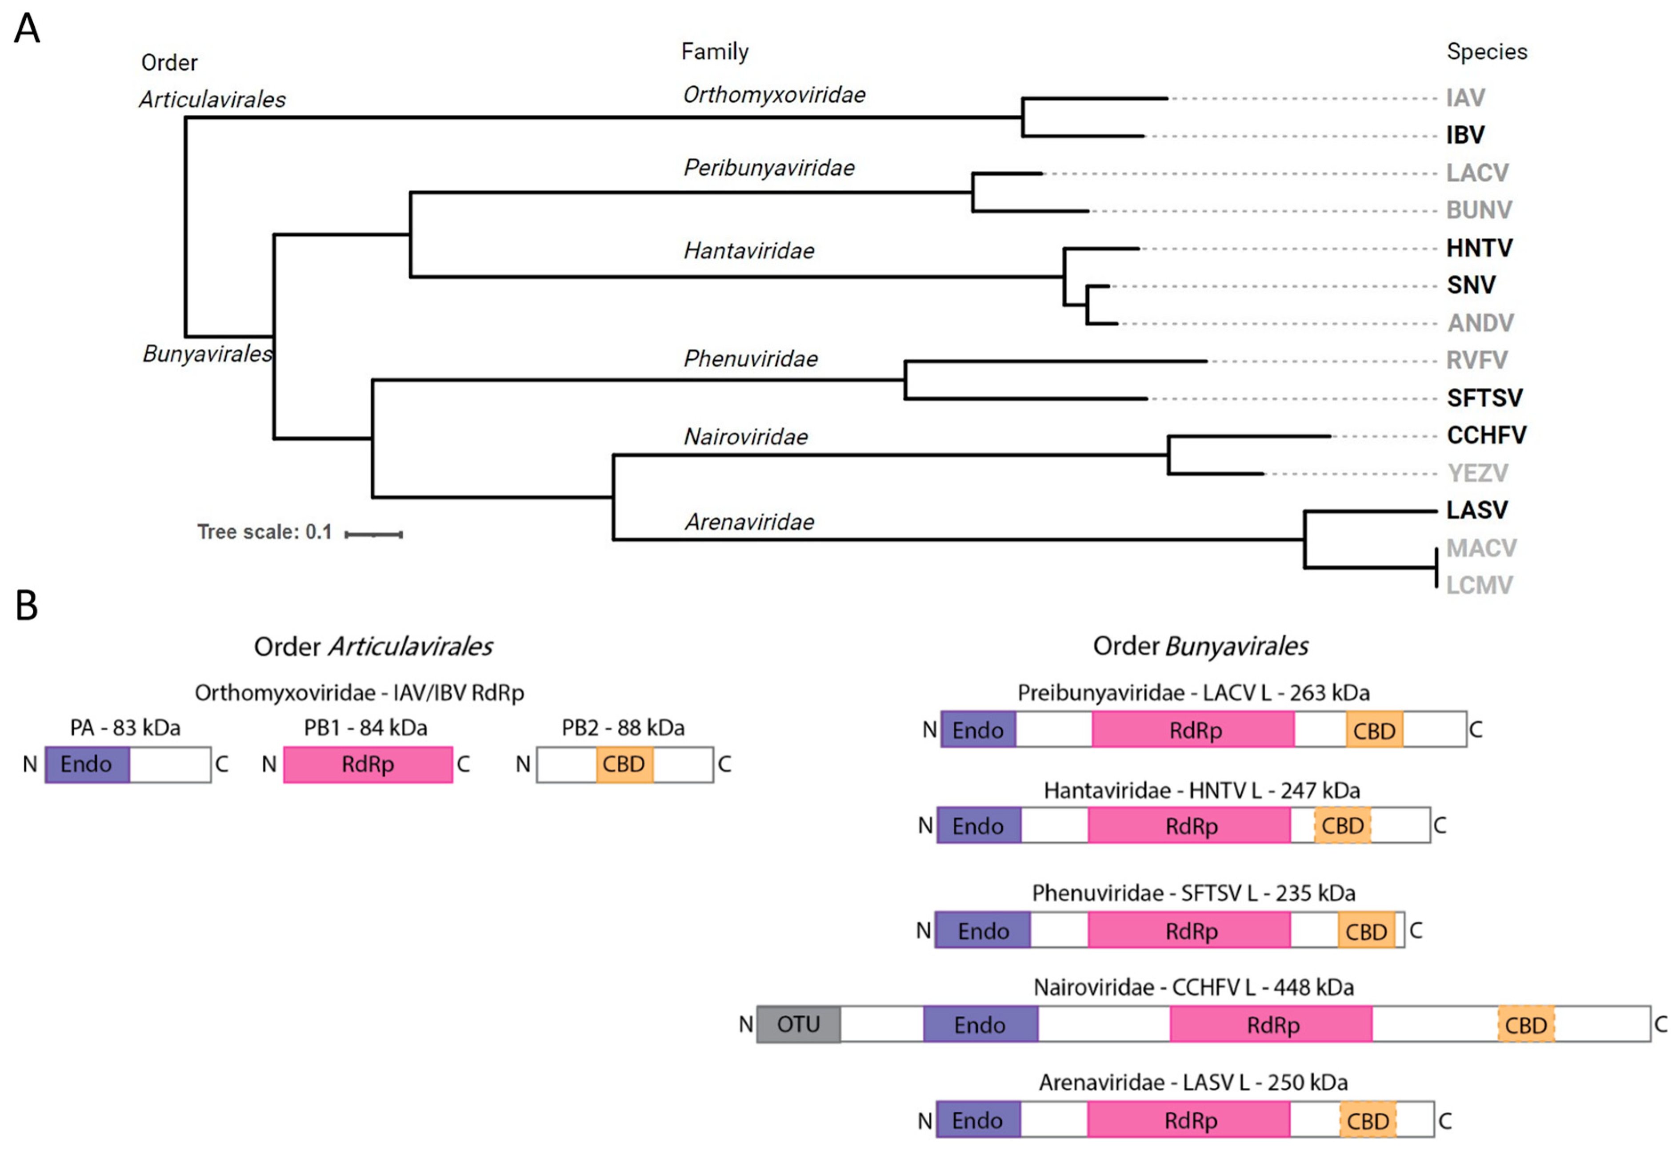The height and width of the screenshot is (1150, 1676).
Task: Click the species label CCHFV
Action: (1486, 435)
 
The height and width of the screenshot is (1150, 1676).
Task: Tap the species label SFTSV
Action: (1484, 398)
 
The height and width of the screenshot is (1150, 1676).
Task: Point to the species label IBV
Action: (1465, 135)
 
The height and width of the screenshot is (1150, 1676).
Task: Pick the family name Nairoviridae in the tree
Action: (746, 437)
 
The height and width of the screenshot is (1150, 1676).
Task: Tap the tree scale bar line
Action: (374, 535)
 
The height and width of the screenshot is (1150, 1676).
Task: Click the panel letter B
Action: (27, 606)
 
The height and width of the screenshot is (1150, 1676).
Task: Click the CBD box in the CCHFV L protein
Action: (1526, 1025)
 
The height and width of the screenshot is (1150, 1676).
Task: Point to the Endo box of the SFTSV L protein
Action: (983, 931)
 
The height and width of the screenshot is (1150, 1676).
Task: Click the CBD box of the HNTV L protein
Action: (1342, 825)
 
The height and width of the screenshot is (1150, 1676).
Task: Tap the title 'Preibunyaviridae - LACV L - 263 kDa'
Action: (1193, 692)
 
